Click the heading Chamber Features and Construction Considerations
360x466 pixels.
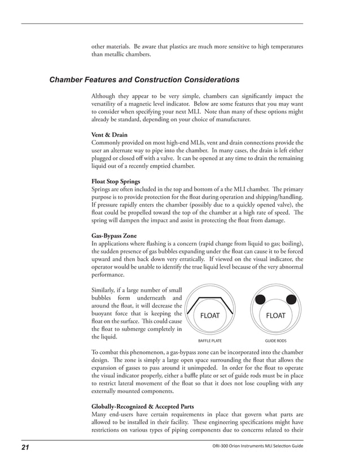(x=144, y=80)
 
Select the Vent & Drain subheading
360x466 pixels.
(x=109, y=135)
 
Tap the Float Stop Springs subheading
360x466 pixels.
(x=116, y=181)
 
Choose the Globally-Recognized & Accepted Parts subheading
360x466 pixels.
(x=143, y=406)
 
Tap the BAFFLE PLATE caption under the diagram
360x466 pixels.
(x=210, y=341)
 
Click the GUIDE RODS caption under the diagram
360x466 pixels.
(x=275, y=341)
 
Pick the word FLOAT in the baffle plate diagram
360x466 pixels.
(x=210, y=316)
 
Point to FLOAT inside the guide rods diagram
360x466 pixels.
(x=275, y=316)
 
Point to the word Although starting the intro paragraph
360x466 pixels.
(x=106, y=96)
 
